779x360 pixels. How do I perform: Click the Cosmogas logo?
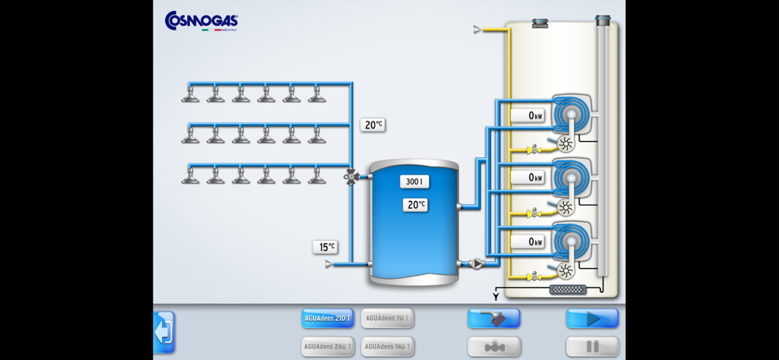click(x=201, y=21)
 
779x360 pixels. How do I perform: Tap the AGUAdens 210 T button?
click(x=327, y=318)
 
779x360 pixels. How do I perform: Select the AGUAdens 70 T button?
click(x=387, y=318)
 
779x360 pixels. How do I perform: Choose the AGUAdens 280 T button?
click(x=327, y=346)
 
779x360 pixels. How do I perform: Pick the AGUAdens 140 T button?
click(x=387, y=346)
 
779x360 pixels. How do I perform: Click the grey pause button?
click(x=592, y=346)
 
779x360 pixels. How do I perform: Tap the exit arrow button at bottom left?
click(x=164, y=332)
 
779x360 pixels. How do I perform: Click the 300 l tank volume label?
click(x=414, y=182)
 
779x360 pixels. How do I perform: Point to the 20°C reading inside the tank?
click(x=415, y=205)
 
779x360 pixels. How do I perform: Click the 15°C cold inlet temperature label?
click(x=326, y=247)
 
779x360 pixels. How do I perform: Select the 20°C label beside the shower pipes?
click(x=372, y=125)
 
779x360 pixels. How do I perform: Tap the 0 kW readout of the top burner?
click(x=528, y=116)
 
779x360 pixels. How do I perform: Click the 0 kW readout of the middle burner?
click(x=528, y=178)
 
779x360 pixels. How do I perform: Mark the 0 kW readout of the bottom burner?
click(x=528, y=242)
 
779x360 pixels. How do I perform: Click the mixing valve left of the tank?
click(x=351, y=177)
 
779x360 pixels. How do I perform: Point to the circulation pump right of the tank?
click(x=476, y=264)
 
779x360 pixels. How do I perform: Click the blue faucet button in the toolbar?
click(x=494, y=318)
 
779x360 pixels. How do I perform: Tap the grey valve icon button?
click(x=494, y=346)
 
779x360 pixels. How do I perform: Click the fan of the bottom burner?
click(x=566, y=270)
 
